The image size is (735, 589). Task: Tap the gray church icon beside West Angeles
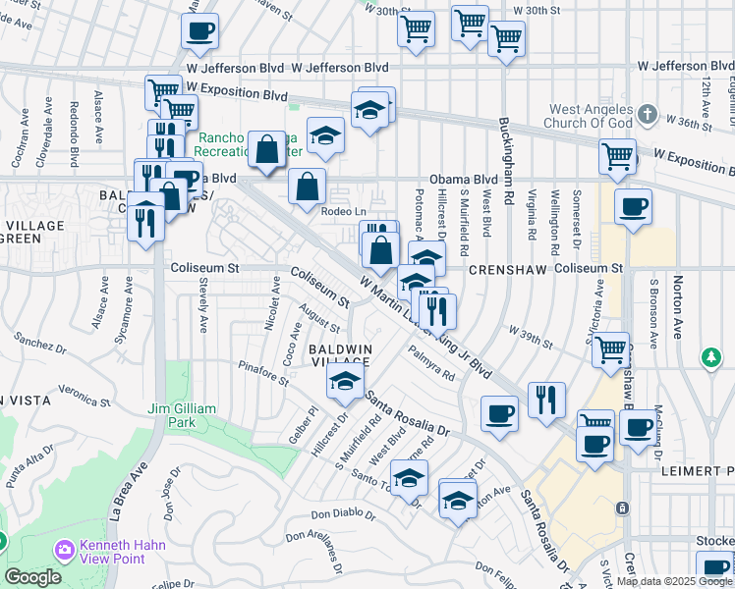pos(646,115)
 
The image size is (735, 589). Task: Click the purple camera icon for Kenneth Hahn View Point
pos(66,548)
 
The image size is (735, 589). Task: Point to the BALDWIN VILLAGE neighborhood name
pos(340,355)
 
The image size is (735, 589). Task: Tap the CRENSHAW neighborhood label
pos(497,268)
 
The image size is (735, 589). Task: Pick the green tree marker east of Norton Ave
pos(709,354)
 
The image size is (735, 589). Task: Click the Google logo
pos(31,577)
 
